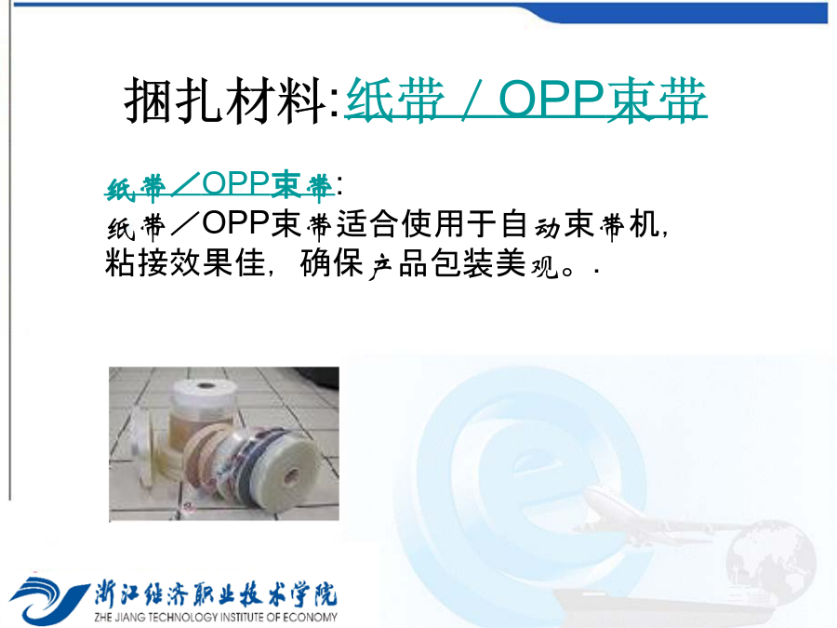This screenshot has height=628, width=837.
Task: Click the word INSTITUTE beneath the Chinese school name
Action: tap(243, 618)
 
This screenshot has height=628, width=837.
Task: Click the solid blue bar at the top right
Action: tap(688, 13)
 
